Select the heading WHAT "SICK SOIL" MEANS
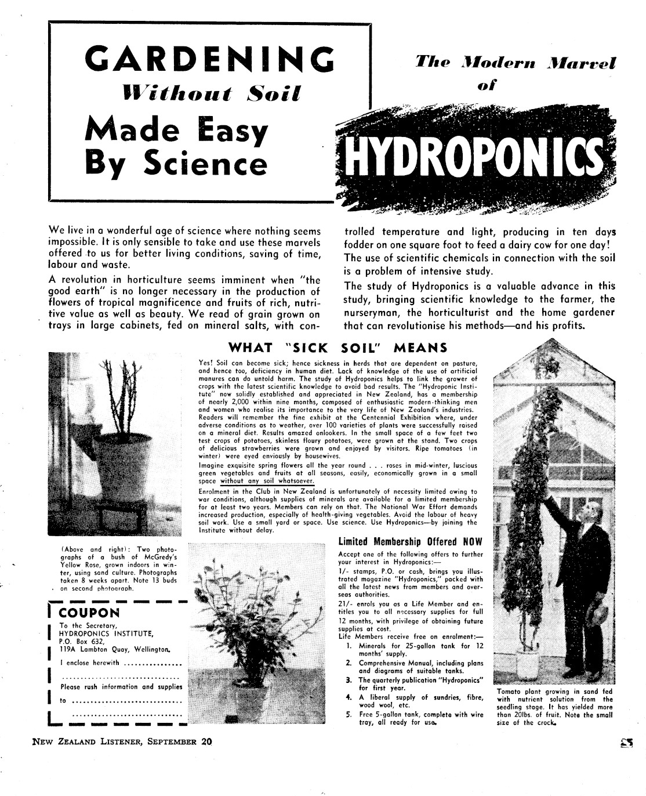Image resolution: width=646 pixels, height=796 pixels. (x=338, y=348)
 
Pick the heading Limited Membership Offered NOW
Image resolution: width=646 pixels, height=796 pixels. (x=410, y=542)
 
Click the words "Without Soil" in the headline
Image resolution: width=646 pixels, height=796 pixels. (x=209, y=92)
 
